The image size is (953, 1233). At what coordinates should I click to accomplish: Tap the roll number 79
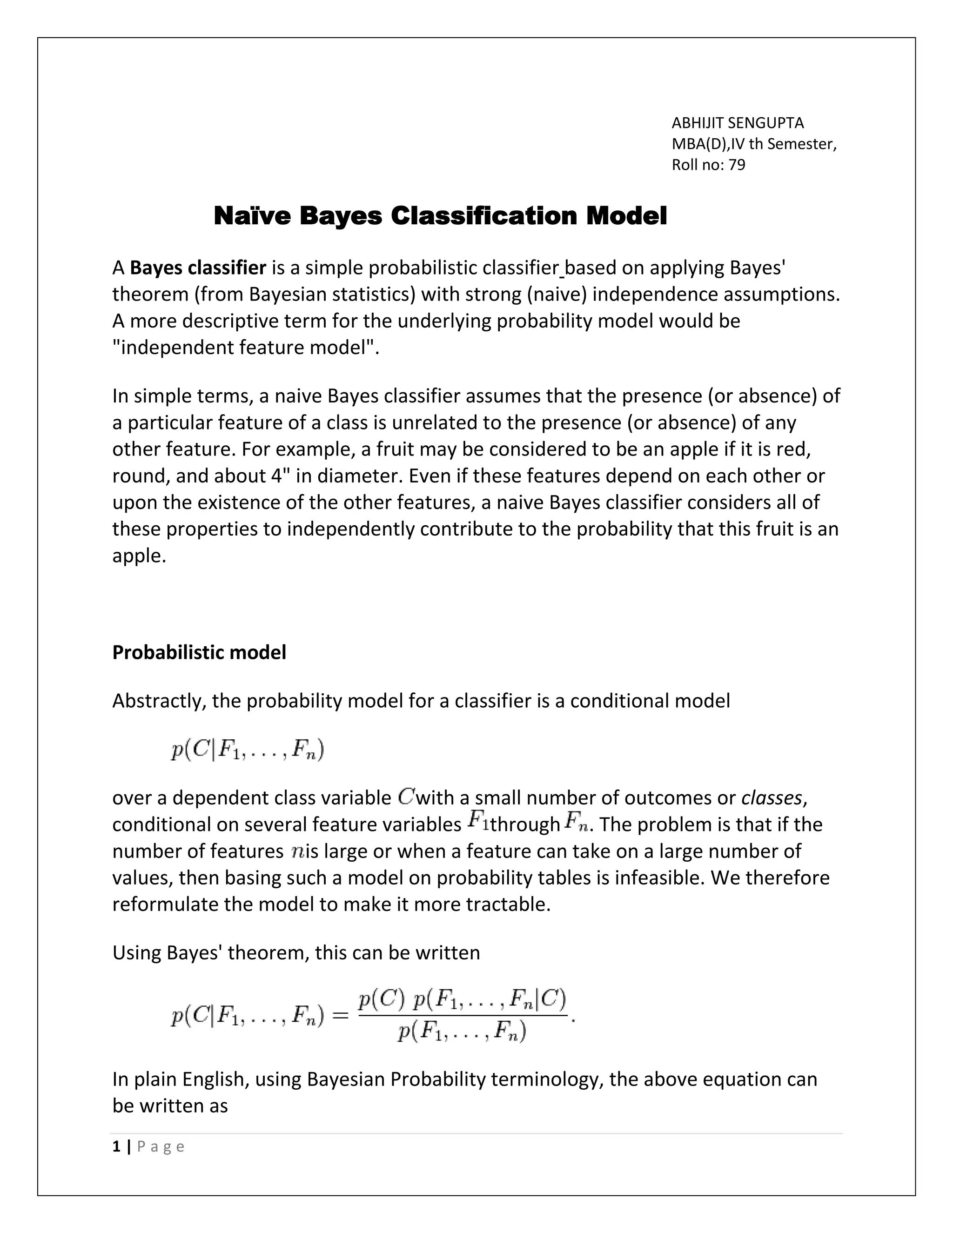737,165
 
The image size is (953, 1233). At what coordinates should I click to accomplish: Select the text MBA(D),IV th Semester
753,144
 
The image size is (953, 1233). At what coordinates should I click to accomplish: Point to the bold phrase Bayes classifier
198,268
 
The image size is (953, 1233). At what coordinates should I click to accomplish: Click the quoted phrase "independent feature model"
246,347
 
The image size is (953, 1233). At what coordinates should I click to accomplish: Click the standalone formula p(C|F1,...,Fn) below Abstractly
247,751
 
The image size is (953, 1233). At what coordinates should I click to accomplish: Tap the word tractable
508,905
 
